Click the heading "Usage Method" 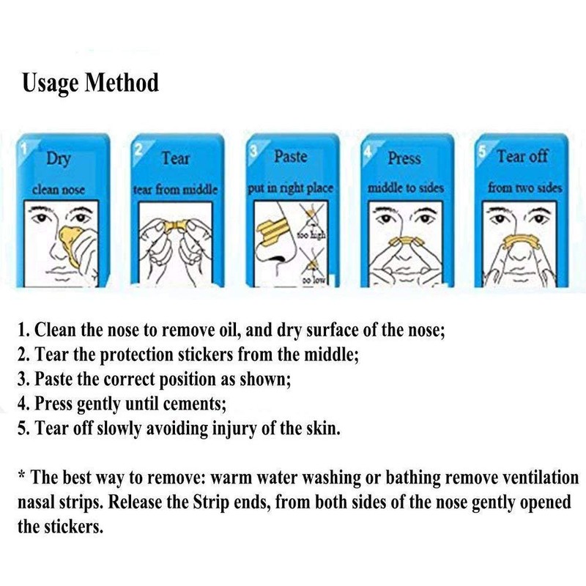coord(90,83)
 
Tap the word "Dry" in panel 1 coord(59,159)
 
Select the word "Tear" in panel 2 coord(175,158)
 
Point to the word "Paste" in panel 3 coord(290,157)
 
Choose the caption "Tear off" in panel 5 coord(522,157)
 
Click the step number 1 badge coord(23,146)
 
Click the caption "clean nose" coord(59,190)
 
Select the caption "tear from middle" coord(175,190)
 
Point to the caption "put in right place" coord(290,188)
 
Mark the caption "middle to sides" coord(406,189)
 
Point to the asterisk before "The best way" coord(22,477)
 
